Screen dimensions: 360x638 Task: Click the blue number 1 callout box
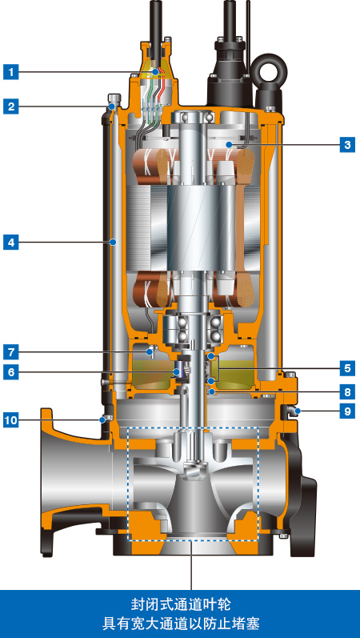(x=11, y=73)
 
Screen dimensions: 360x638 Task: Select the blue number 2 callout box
(x=11, y=106)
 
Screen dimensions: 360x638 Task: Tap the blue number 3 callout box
(x=347, y=144)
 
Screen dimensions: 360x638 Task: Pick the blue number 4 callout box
(x=11, y=243)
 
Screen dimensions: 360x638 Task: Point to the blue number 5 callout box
(x=347, y=369)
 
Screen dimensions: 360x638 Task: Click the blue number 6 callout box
(x=11, y=372)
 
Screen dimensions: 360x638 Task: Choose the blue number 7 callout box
(x=11, y=352)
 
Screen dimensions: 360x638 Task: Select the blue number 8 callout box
(x=347, y=392)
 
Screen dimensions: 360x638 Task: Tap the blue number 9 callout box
(x=347, y=411)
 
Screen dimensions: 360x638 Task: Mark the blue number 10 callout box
(x=11, y=419)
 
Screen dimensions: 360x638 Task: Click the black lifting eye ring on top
(x=269, y=67)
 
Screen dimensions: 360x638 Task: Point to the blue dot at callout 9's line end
(x=298, y=411)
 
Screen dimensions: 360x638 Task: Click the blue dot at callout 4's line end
(x=113, y=243)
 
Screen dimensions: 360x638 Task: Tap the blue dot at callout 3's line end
(x=230, y=144)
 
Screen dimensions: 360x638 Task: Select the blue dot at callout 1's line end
(x=155, y=73)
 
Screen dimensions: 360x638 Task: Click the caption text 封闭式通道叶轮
(x=180, y=604)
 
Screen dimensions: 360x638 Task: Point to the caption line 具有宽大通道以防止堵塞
(x=180, y=623)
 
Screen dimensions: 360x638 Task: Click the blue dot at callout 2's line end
(x=112, y=106)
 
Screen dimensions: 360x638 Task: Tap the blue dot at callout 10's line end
(x=102, y=419)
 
